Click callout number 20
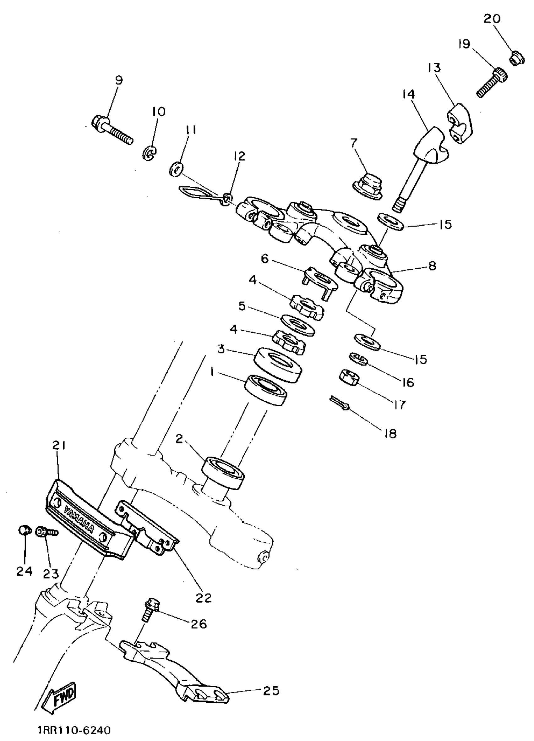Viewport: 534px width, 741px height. (x=492, y=19)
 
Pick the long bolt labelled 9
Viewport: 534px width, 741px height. (x=113, y=131)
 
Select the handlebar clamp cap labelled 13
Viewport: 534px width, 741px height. (x=460, y=123)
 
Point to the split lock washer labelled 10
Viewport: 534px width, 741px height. (x=150, y=153)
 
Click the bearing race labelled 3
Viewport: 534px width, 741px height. (x=278, y=364)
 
